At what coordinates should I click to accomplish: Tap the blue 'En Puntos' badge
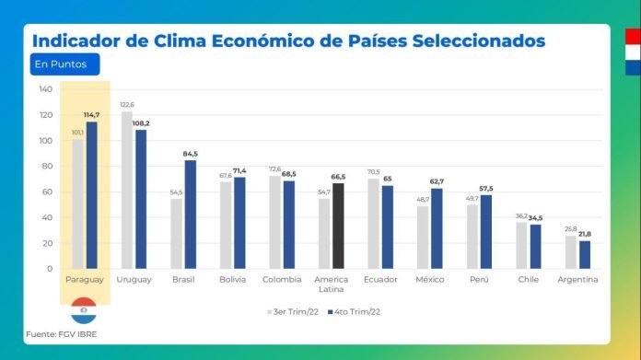(x=63, y=64)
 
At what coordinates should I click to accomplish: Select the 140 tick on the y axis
(x=45, y=89)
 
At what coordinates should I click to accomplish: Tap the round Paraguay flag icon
(x=84, y=308)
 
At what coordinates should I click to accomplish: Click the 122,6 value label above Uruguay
(x=127, y=105)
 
